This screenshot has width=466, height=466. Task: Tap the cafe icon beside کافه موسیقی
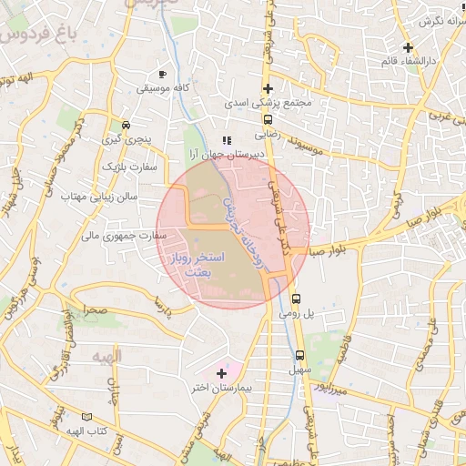click(x=163, y=73)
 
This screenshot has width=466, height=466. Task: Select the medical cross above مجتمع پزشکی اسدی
click(x=268, y=88)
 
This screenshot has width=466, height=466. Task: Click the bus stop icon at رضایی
click(x=268, y=119)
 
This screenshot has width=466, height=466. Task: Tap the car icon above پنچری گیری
click(x=126, y=125)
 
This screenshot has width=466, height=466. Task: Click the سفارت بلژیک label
click(x=129, y=167)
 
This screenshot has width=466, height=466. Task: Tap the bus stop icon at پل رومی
click(x=296, y=299)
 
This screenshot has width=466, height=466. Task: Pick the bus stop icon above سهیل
click(x=299, y=356)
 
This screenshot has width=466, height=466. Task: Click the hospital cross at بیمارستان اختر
click(x=221, y=373)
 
